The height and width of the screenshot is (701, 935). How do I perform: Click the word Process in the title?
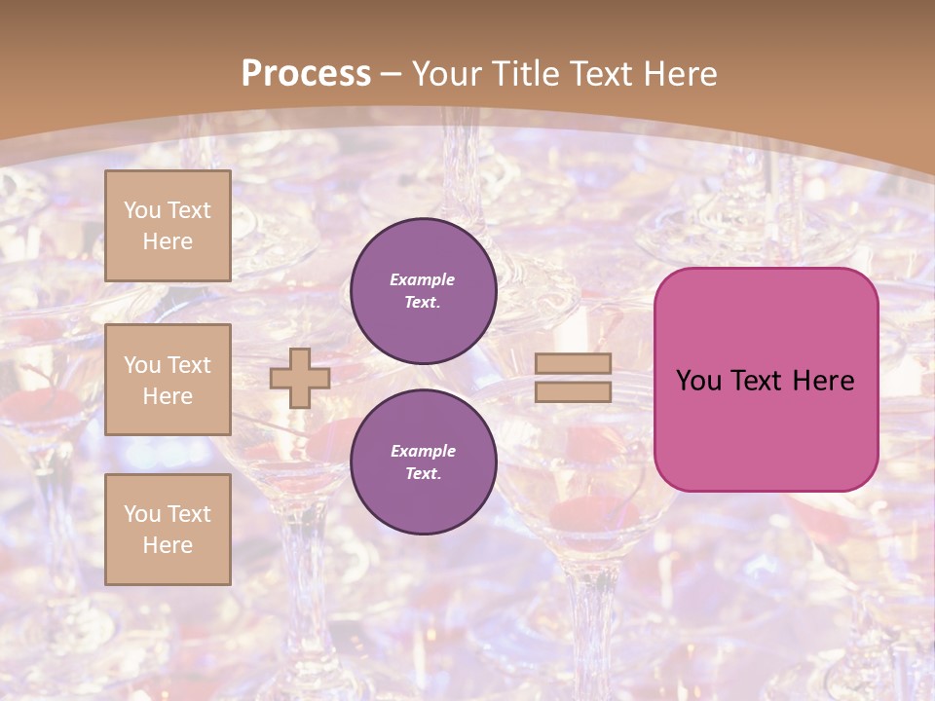coord(306,74)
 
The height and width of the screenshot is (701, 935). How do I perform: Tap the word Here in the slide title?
coord(680,74)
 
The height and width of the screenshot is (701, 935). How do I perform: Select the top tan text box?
coord(168,226)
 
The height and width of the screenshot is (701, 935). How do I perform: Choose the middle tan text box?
coord(168,380)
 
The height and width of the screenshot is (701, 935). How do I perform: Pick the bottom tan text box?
coord(168,530)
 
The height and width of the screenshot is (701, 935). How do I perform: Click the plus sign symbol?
coord(300,378)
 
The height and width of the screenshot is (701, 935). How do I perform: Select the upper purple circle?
coord(423,291)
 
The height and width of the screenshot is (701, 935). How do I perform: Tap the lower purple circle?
coord(423,462)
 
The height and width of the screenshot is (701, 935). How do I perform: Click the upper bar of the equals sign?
coord(573,363)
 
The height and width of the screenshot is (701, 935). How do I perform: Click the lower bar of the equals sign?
coord(573,391)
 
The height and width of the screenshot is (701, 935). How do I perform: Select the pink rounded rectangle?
coord(766,428)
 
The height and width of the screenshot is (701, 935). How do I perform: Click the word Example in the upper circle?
coord(423,279)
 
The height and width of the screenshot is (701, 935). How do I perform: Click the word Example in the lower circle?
coord(423,451)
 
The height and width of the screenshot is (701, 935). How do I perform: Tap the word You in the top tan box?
coord(142,210)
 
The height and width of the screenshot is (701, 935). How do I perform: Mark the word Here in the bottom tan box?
coord(168,545)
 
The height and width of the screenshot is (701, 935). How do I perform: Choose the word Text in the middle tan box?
coord(188,365)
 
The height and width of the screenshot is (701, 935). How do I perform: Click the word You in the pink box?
coord(698,381)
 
